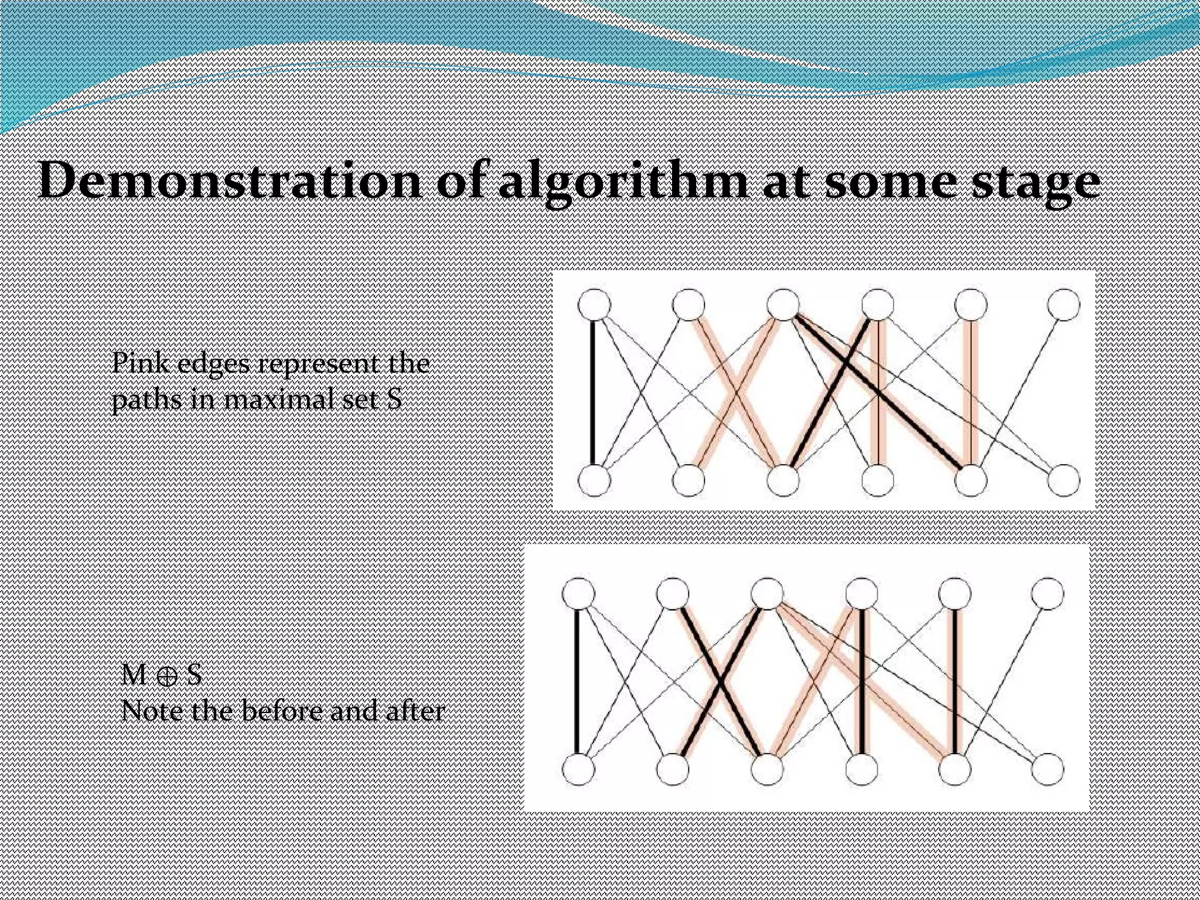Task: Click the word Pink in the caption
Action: tap(140, 364)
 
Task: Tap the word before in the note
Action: tap(282, 712)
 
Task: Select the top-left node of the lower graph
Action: tap(578, 594)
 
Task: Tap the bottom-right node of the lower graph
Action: tap(1048, 769)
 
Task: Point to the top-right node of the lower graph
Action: tap(1048, 594)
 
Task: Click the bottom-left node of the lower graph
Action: tap(578, 769)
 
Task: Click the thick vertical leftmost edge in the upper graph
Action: tap(593, 393)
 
